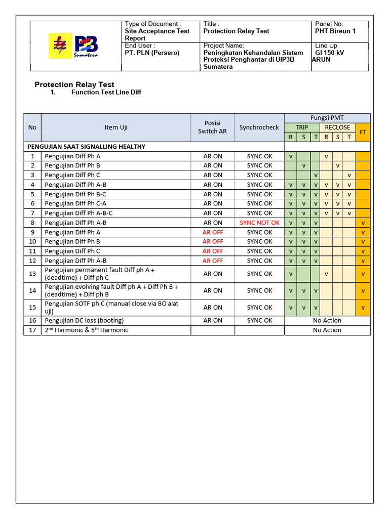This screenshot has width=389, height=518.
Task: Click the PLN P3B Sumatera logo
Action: (x=74, y=46)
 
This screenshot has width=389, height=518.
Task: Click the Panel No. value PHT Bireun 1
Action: (x=335, y=31)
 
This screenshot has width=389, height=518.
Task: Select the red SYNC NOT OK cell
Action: (x=259, y=223)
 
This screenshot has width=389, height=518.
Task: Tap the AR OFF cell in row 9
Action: (x=213, y=232)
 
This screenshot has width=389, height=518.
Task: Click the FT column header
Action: (x=363, y=132)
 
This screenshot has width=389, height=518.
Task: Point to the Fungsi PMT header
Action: (x=327, y=118)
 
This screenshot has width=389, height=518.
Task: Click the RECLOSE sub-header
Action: (x=337, y=127)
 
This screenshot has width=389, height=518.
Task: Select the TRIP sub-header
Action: (x=302, y=127)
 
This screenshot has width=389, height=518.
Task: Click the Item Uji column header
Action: (x=116, y=127)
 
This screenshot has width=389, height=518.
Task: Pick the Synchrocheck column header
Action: (x=259, y=127)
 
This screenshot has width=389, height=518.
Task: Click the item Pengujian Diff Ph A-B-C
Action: (x=79, y=213)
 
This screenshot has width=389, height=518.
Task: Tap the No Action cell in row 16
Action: (x=327, y=320)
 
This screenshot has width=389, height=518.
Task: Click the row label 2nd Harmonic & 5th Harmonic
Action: (x=87, y=330)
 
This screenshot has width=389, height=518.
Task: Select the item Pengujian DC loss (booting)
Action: (x=84, y=320)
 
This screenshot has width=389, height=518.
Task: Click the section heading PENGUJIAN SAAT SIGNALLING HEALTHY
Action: (x=86, y=147)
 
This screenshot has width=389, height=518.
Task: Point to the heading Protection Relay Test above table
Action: (x=74, y=84)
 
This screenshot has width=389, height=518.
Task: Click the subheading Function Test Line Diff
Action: (x=106, y=93)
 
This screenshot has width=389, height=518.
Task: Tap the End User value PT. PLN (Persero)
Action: (x=152, y=53)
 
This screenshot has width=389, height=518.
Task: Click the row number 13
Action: (x=32, y=274)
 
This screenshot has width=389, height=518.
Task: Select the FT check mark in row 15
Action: (x=363, y=308)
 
